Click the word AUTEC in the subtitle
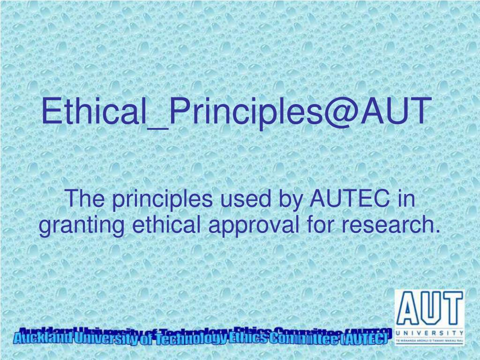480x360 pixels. click(350, 200)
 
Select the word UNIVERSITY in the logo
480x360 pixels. click(429, 333)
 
